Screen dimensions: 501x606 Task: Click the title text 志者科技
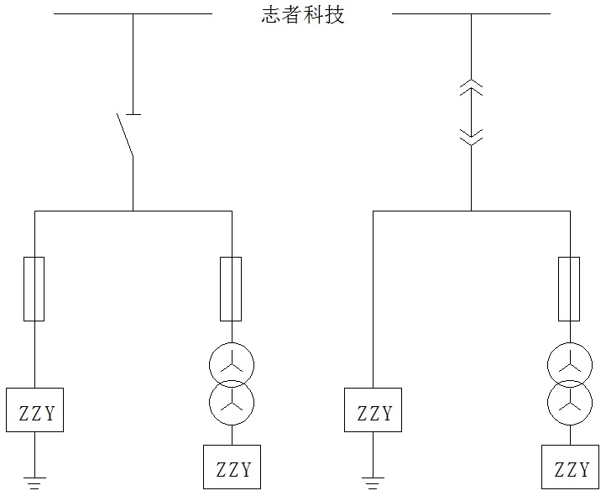(303, 14)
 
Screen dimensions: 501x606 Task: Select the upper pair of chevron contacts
(471, 86)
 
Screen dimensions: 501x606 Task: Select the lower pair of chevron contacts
(471, 135)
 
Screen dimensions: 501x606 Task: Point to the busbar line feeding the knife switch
(133, 13)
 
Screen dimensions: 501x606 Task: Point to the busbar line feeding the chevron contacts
(471, 13)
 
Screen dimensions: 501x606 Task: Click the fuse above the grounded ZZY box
(34, 290)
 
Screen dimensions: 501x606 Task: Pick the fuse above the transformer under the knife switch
(231, 290)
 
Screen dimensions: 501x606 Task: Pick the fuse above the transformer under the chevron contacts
(569, 290)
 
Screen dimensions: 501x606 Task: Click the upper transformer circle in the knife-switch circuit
(232, 363)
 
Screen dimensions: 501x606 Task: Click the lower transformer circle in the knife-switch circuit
(232, 401)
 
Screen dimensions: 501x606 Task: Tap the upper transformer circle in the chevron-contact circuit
(570, 363)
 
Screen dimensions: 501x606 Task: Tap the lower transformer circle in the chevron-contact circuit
(570, 401)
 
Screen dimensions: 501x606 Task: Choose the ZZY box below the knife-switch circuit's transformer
(232, 467)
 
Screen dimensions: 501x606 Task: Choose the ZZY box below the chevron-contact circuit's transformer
(570, 467)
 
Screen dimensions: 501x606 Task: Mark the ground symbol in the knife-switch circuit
(34, 482)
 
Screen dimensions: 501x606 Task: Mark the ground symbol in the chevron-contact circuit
(374, 482)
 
